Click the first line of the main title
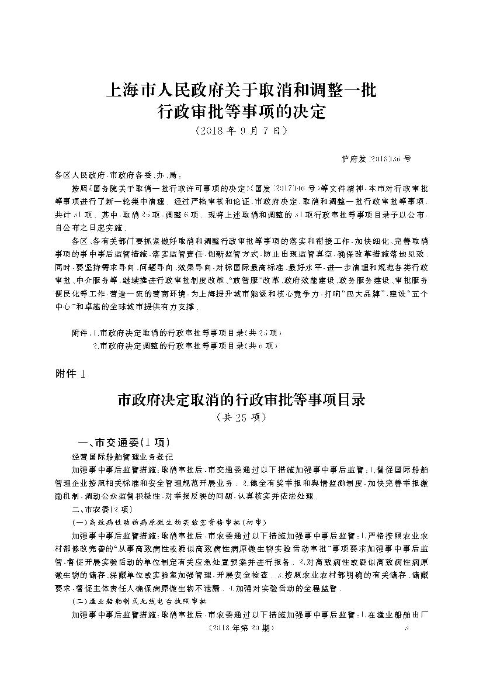pos(241,91)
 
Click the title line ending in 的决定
pos(241,111)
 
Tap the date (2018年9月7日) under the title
pos(241,130)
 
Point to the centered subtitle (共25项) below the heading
pos(241,417)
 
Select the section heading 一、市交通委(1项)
pos(123,441)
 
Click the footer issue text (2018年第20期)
pos(239,628)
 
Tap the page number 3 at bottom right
pos(408,628)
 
